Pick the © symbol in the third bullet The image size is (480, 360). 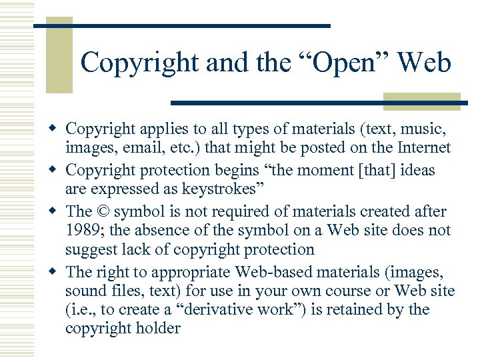[x=103, y=211]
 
